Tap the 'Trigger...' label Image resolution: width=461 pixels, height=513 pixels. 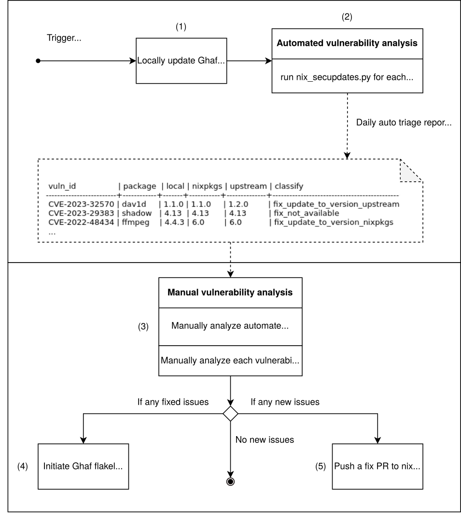coord(64,38)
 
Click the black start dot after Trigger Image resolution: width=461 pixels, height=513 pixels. coord(38,61)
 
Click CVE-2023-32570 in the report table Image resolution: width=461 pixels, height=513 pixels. coord(81,204)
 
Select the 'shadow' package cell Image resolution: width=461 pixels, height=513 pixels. coord(137,213)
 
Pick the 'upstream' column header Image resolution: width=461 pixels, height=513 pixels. coord(246,186)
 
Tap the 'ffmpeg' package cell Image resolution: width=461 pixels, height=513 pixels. coord(139,222)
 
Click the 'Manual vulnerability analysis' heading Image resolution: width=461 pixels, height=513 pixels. coord(231,293)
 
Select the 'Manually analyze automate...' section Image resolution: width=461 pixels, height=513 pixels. coord(231,326)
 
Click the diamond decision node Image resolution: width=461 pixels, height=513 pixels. coord(231,413)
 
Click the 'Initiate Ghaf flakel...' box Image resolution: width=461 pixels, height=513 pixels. coord(85,467)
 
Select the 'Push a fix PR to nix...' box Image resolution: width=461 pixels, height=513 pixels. coord(377,467)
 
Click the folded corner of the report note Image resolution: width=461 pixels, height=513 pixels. coord(410,171)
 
